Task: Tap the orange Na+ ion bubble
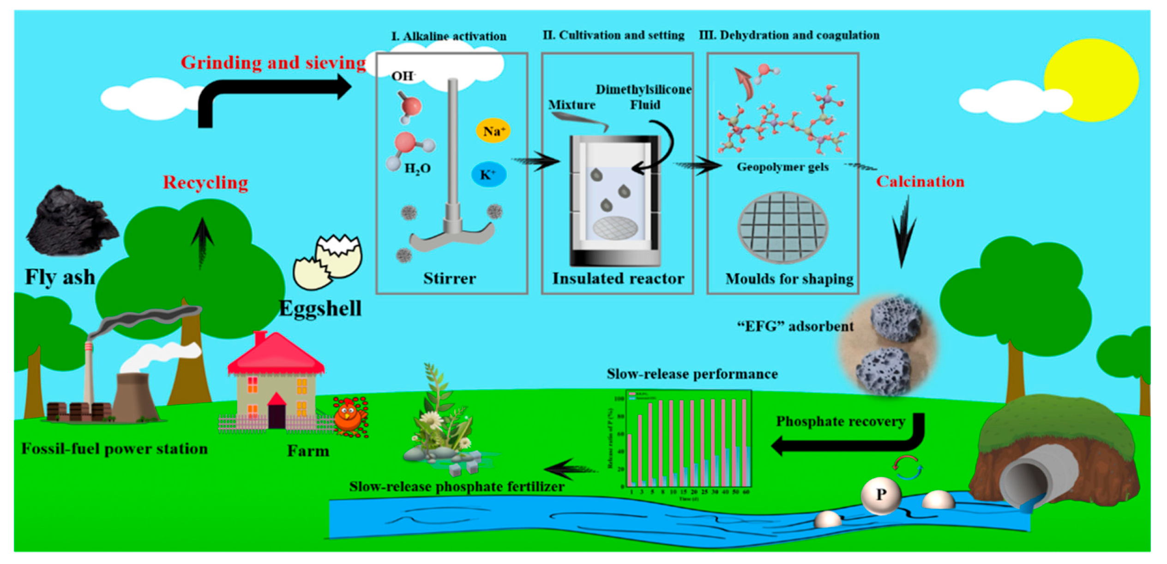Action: pos(493,131)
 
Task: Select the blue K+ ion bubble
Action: pos(488,174)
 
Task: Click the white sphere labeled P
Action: pos(880,495)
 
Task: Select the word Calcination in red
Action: pos(920,181)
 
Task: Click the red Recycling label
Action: pos(205,183)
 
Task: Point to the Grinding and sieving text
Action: pos(273,63)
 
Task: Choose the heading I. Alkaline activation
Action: pos(449,36)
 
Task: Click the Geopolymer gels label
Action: pos(782,167)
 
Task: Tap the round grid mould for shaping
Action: pos(783,227)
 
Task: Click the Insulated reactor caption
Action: pos(618,279)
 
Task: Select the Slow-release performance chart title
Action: pos(692,374)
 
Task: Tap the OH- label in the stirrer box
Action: pos(403,76)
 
